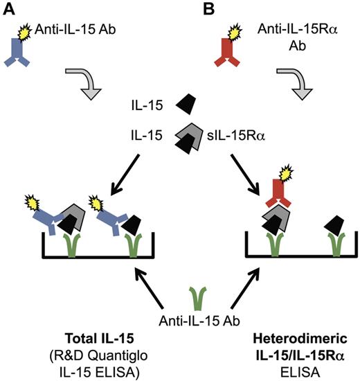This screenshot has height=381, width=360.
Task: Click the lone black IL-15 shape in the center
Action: pyautogui.click(x=184, y=105)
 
